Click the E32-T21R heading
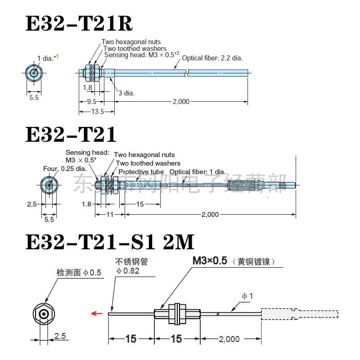[79, 23]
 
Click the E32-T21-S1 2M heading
[110, 242]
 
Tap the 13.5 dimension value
[98, 112]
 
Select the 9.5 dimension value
[92, 102]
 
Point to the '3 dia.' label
[126, 93]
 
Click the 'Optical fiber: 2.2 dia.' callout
[212, 58]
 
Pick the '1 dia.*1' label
[48, 58]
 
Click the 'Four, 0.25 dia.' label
[65, 169]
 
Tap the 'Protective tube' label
[141, 172]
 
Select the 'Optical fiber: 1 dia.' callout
[198, 172]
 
